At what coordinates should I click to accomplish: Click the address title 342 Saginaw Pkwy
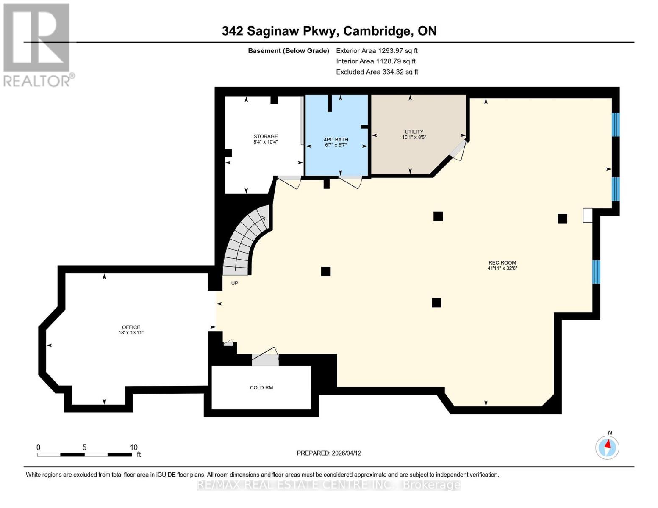coord(329,31)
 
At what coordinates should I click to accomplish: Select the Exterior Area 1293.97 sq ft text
coord(377,51)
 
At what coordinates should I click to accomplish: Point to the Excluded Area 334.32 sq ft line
coord(377,72)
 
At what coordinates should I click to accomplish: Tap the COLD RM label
coord(261,388)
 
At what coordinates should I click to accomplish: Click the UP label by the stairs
coord(235,283)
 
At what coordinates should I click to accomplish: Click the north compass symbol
coord(607,447)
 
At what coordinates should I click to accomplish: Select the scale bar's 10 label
coord(133,447)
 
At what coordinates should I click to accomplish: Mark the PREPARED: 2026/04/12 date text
coord(329,453)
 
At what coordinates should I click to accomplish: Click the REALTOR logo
coord(37,44)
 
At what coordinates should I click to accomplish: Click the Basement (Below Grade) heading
coord(289,51)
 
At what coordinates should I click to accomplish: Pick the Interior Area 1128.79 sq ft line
coord(376,61)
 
